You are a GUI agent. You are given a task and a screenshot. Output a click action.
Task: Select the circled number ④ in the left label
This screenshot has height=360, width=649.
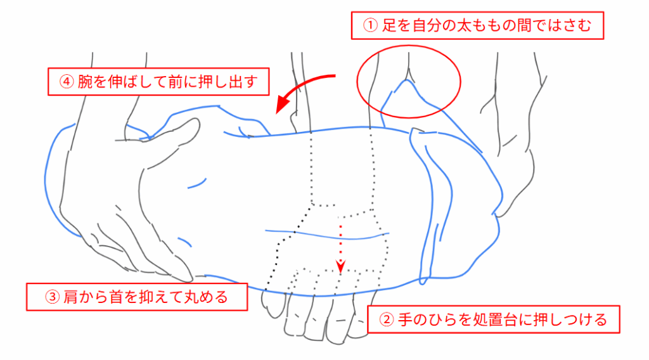(67, 82)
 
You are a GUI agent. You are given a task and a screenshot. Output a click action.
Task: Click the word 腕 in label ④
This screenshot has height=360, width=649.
(85, 82)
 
